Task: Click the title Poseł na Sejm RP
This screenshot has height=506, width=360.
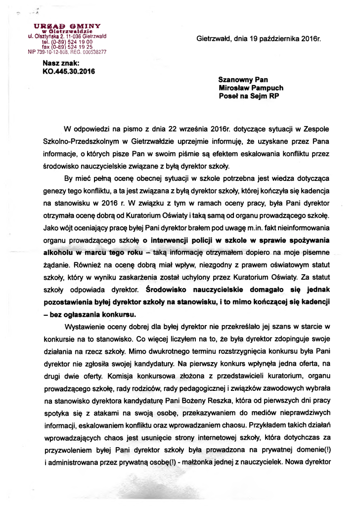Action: [x=249, y=97]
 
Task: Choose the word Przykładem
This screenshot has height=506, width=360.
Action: [x=273, y=425]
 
